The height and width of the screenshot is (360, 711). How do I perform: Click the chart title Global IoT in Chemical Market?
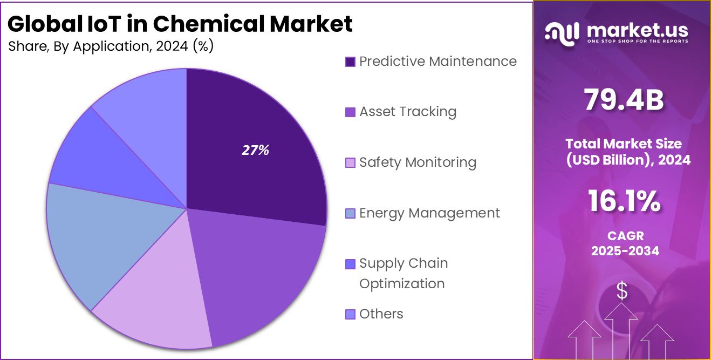coord(180,24)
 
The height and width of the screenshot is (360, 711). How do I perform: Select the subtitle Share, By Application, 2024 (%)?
coord(111,46)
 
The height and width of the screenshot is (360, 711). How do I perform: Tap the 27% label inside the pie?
coord(255,151)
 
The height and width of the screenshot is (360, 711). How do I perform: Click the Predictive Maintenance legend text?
coord(437,62)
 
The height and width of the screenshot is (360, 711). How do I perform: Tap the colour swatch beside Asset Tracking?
coord(350,112)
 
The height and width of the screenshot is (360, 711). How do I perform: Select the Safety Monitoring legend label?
coord(418,162)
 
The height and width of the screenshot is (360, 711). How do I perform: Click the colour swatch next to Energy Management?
coord(350,214)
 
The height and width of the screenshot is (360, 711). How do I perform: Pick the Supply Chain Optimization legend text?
coord(404,273)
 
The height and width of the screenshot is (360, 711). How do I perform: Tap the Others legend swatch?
coord(350,314)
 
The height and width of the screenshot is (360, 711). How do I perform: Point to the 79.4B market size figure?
coord(623,100)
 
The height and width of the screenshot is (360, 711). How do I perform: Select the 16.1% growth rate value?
coord(624,202)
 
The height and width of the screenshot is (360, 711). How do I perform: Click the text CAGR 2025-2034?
coord(625,243)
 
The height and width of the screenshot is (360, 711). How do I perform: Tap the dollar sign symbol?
coord(622,291)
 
